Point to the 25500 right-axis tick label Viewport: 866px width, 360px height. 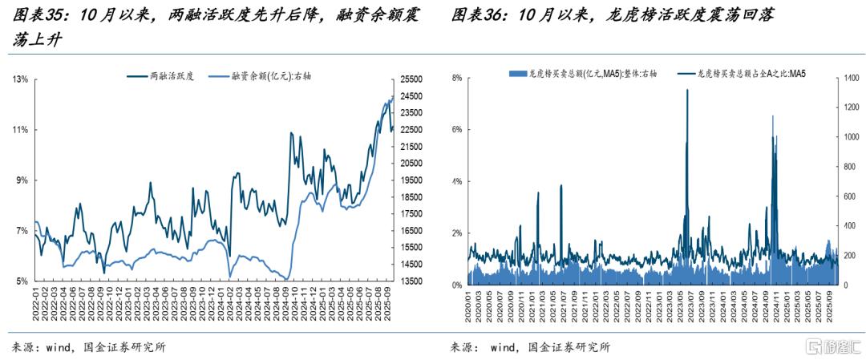(411, 79)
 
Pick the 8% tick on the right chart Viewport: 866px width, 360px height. (457, 79)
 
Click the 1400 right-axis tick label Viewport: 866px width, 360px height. (848, 79)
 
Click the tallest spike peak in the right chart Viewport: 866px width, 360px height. (687, 90)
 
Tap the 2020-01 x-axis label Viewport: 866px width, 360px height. (468, 305)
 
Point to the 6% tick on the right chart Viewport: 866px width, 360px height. (457, 129)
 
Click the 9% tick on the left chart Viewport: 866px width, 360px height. (22, 180)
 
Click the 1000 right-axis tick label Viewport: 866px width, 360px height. (848, 137)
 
